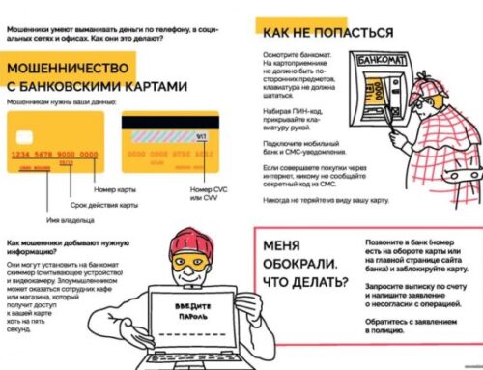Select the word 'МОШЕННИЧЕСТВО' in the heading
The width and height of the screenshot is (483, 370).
pos(72,70)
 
